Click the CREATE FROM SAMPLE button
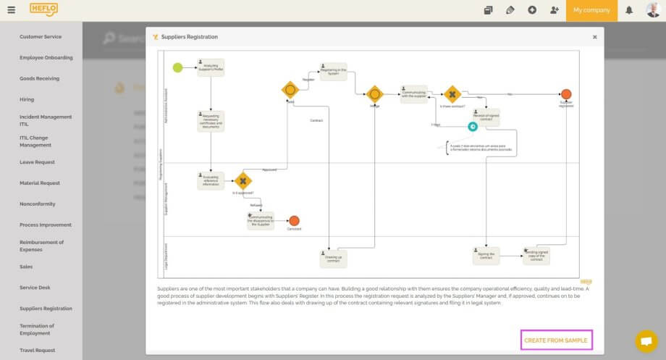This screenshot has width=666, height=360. (x=556, y=340)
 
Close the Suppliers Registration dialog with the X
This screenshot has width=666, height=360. (x=594, y=37)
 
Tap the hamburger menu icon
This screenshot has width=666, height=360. (x=11, y=10)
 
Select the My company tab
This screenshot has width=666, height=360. (x=591, y=10)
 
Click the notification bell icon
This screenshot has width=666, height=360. (x=629, y=10)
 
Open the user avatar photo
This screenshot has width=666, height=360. (x=653, y=10)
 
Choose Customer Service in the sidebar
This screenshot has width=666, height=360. (x=41, y=36)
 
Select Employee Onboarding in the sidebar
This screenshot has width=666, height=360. (x=46, y=57)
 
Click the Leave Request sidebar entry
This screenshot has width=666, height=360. (x=37, y=162)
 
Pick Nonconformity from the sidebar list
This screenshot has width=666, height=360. (x=37, y=204)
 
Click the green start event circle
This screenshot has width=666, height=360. (x=177, y=68)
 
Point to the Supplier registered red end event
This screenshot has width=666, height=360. (x=566, y=94)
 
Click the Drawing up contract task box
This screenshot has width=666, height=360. (x=333, y=257)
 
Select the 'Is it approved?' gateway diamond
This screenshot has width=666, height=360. (x=243, y=181)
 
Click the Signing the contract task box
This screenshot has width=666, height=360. (x=486, y=254)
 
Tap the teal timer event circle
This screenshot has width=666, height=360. (x=472, y=127)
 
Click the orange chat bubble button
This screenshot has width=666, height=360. (x=646, y=340)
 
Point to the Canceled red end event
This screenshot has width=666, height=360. (x=294, y=221)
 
